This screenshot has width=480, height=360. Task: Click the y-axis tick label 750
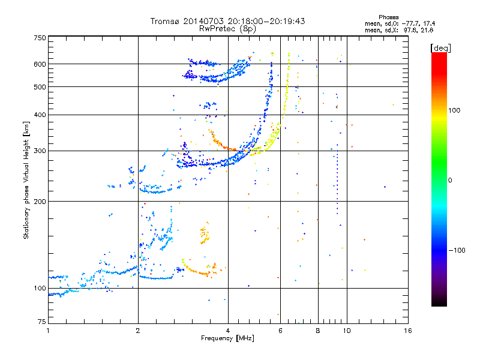(x=40, y=38)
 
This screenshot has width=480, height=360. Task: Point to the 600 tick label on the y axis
(x=40, y=64)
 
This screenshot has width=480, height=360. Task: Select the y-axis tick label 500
(x=40, y=87)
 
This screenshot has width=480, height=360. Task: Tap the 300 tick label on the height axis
(x=40, y=151)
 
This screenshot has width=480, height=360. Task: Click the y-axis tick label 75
(x=42, y=322)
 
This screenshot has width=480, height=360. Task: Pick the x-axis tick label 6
(x=280, y=331)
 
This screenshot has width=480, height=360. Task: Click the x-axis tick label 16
(x=408, y=331)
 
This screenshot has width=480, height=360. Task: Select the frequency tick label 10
(x=347, y=331)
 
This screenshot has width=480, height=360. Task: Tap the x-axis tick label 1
(x=49, y=331)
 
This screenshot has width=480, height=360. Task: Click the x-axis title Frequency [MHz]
(x=227, y=338)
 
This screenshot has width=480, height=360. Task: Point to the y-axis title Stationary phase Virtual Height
(x=26, y=192)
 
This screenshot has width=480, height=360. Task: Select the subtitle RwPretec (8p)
(x=227, y=29)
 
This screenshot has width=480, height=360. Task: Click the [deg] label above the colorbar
(x=441, y=49)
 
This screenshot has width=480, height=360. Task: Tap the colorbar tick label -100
(x=457, y=250)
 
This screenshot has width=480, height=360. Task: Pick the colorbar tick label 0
(x=450, y=181)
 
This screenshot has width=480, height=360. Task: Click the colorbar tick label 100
(x=454, y=110)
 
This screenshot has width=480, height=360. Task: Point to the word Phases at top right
(x=388, y=17)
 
